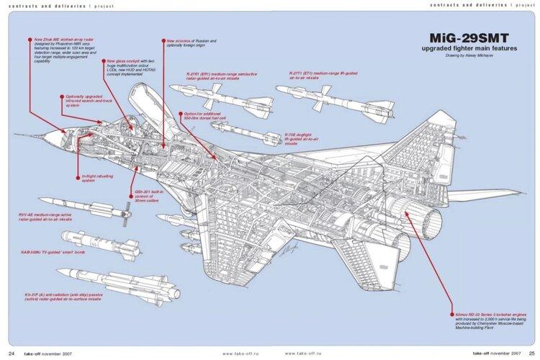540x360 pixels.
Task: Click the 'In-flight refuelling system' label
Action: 93,179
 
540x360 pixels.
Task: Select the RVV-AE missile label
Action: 48,217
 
